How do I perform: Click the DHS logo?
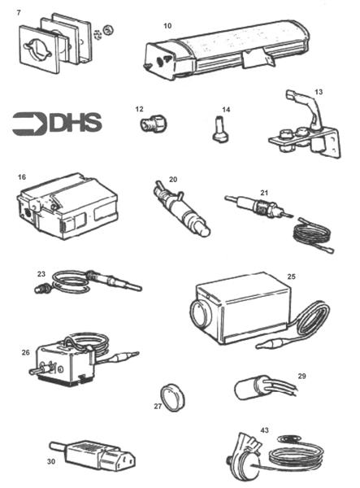[57, 123]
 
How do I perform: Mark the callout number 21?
[263, 193]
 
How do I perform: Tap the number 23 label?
[41, 274]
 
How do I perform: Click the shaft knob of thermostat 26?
[37, 371]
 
